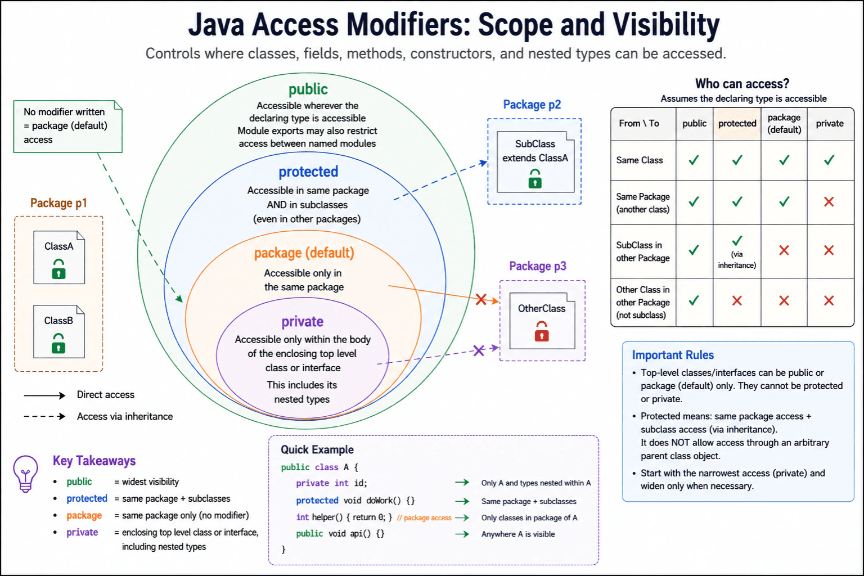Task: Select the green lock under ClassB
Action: (x=58, y=343)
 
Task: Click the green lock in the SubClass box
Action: (x=535, y=178)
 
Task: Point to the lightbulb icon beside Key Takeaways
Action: (x=25, y=474)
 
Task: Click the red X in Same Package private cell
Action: (x=829, y=201)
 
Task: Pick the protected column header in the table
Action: (x=737, y=123)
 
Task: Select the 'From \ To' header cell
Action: (x=639, y=123)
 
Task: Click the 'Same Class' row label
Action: (x=640, y=160)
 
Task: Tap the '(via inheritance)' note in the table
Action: (x=737, y=260)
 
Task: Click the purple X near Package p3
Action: (x=479, y=350)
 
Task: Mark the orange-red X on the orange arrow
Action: (x=481, y=299)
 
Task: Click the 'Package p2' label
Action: (x=532, y=105)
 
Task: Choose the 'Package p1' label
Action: (x=58, y=203)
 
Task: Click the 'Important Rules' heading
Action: (x=673, y=355)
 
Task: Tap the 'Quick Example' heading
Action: (x=317, y=449)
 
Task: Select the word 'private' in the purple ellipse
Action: (x=303, y=321)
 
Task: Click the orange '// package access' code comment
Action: (x=424, y=517)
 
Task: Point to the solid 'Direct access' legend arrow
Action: (x=44, y=395)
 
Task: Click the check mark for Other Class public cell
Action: (x=694, y=300)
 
